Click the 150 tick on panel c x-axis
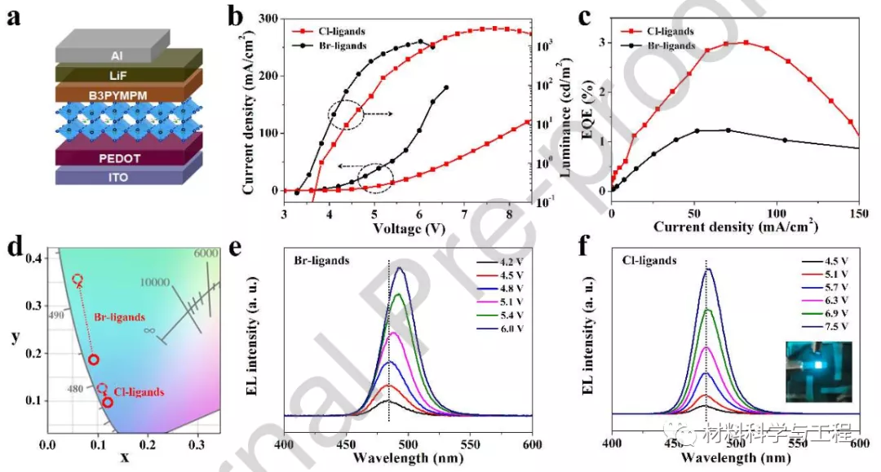(x=858, y=214)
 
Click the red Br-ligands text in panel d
(x=121, y=316)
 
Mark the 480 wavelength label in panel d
(x=73, y=390)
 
